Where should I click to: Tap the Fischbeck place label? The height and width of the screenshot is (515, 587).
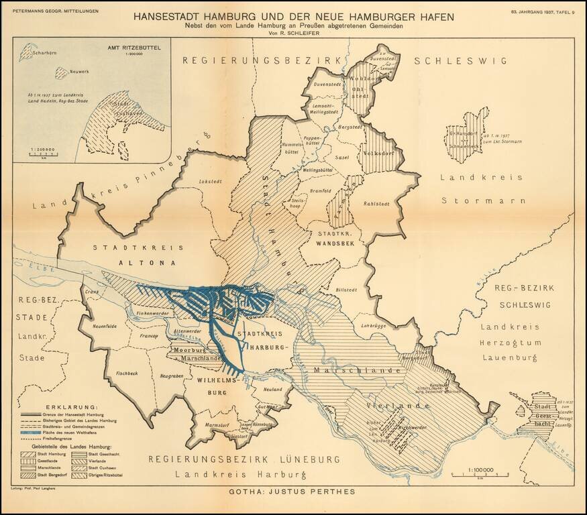pyautogui.click(x=127, y=373)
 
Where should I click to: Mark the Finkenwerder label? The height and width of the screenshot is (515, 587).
pyautogui.click(x=152, y=313)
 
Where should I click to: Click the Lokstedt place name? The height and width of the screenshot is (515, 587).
pyautogui.click(x=211, y=182)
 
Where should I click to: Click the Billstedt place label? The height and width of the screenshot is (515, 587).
pyautogui.click(x=348, y=289)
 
